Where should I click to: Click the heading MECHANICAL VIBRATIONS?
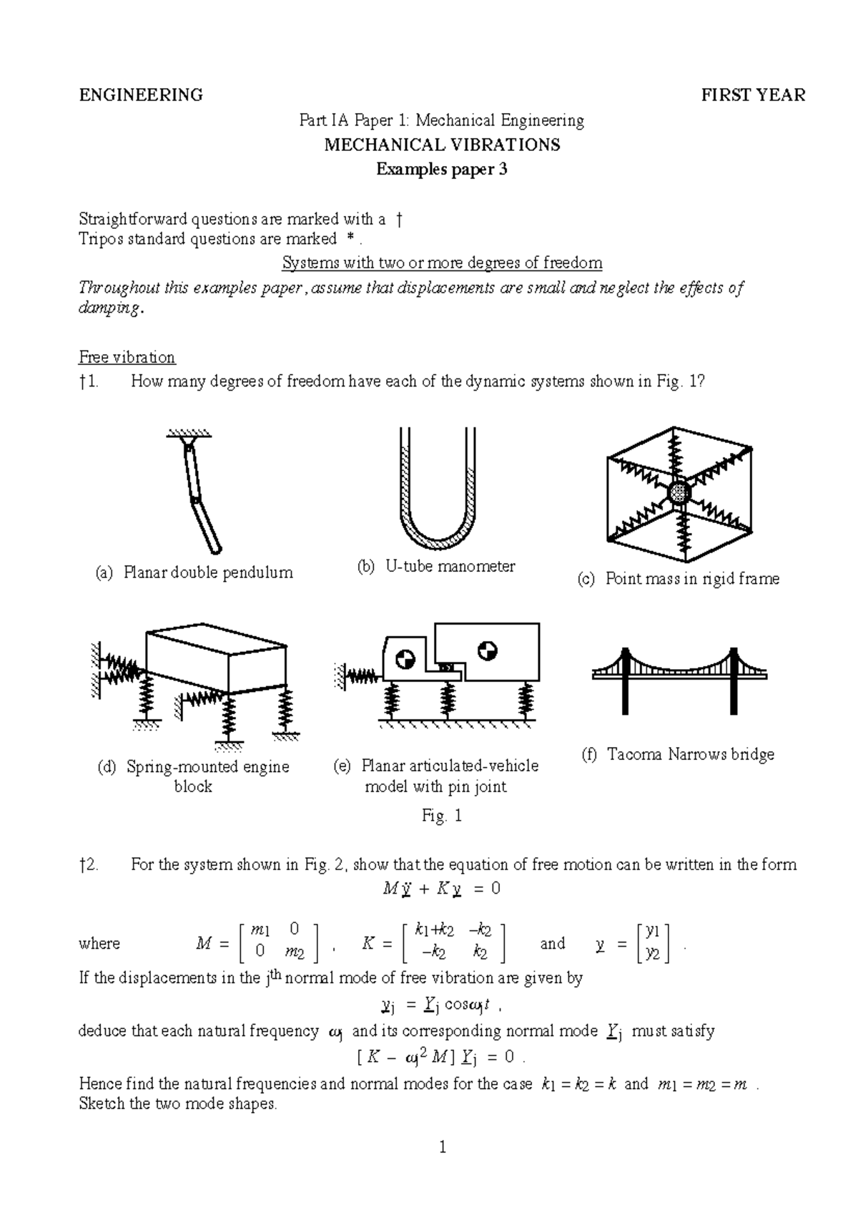442,145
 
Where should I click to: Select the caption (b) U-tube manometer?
436,567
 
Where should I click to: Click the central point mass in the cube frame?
679,492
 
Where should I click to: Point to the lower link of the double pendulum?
205,527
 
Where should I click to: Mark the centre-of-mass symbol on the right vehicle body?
488,650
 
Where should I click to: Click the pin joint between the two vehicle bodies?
447,666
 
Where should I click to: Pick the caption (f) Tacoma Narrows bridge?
679,754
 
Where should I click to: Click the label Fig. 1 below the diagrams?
443,816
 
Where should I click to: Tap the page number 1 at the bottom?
443,1148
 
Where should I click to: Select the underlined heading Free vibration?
127,357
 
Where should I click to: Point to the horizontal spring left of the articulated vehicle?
361,673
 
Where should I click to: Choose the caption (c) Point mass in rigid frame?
678,579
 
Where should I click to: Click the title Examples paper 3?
442,170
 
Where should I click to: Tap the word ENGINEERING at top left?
141,95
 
